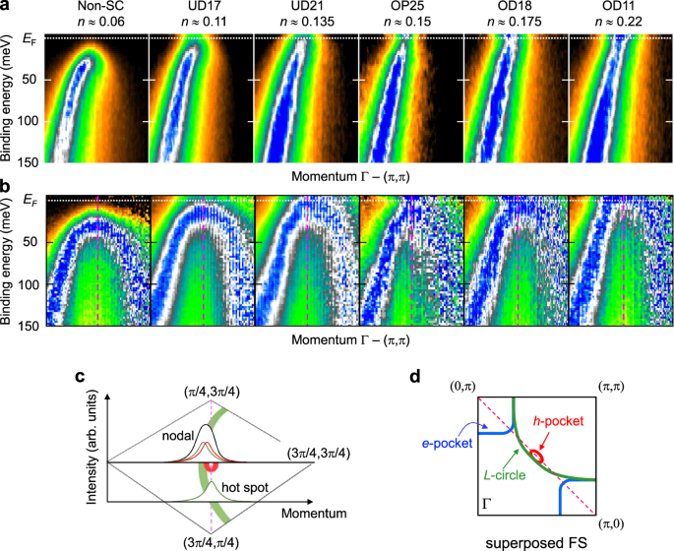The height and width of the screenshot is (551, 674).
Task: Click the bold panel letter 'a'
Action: point(6,7)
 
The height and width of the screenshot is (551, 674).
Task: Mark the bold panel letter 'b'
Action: point(7,184)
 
